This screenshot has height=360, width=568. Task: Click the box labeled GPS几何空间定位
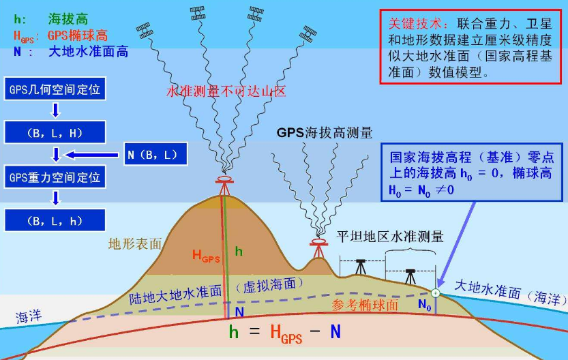(55, 89)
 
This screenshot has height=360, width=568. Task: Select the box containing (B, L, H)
(55, 132)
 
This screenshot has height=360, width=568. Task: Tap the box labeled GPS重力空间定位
(55, 177)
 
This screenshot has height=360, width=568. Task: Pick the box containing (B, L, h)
(55, 220)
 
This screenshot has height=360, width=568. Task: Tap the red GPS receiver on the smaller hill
(317, 243)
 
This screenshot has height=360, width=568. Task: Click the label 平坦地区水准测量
(390, 237)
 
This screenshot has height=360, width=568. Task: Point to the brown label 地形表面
(135, 243)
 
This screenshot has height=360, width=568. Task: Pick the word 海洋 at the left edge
(29, 316)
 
